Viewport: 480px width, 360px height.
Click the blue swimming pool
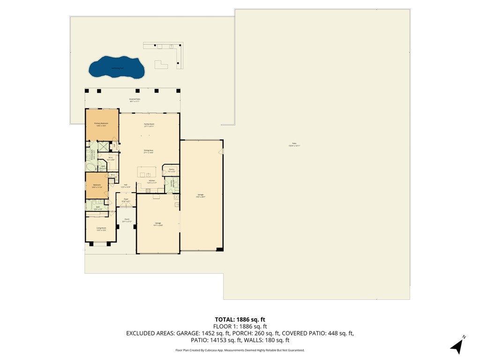(x=116, y=67)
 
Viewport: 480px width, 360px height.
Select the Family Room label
(x=149, y=125)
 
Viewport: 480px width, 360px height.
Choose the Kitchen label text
(x=151, y=181)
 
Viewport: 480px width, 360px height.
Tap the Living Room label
(x=101, y=229)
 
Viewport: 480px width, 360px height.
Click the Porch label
(x=127, y=220)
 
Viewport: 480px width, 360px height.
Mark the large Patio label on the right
(x=294, y=144)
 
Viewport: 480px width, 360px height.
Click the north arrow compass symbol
(x=457, y=345)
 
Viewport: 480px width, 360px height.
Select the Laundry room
(x=172, y=184)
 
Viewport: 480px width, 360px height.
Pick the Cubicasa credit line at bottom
(x=240, y=350)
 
